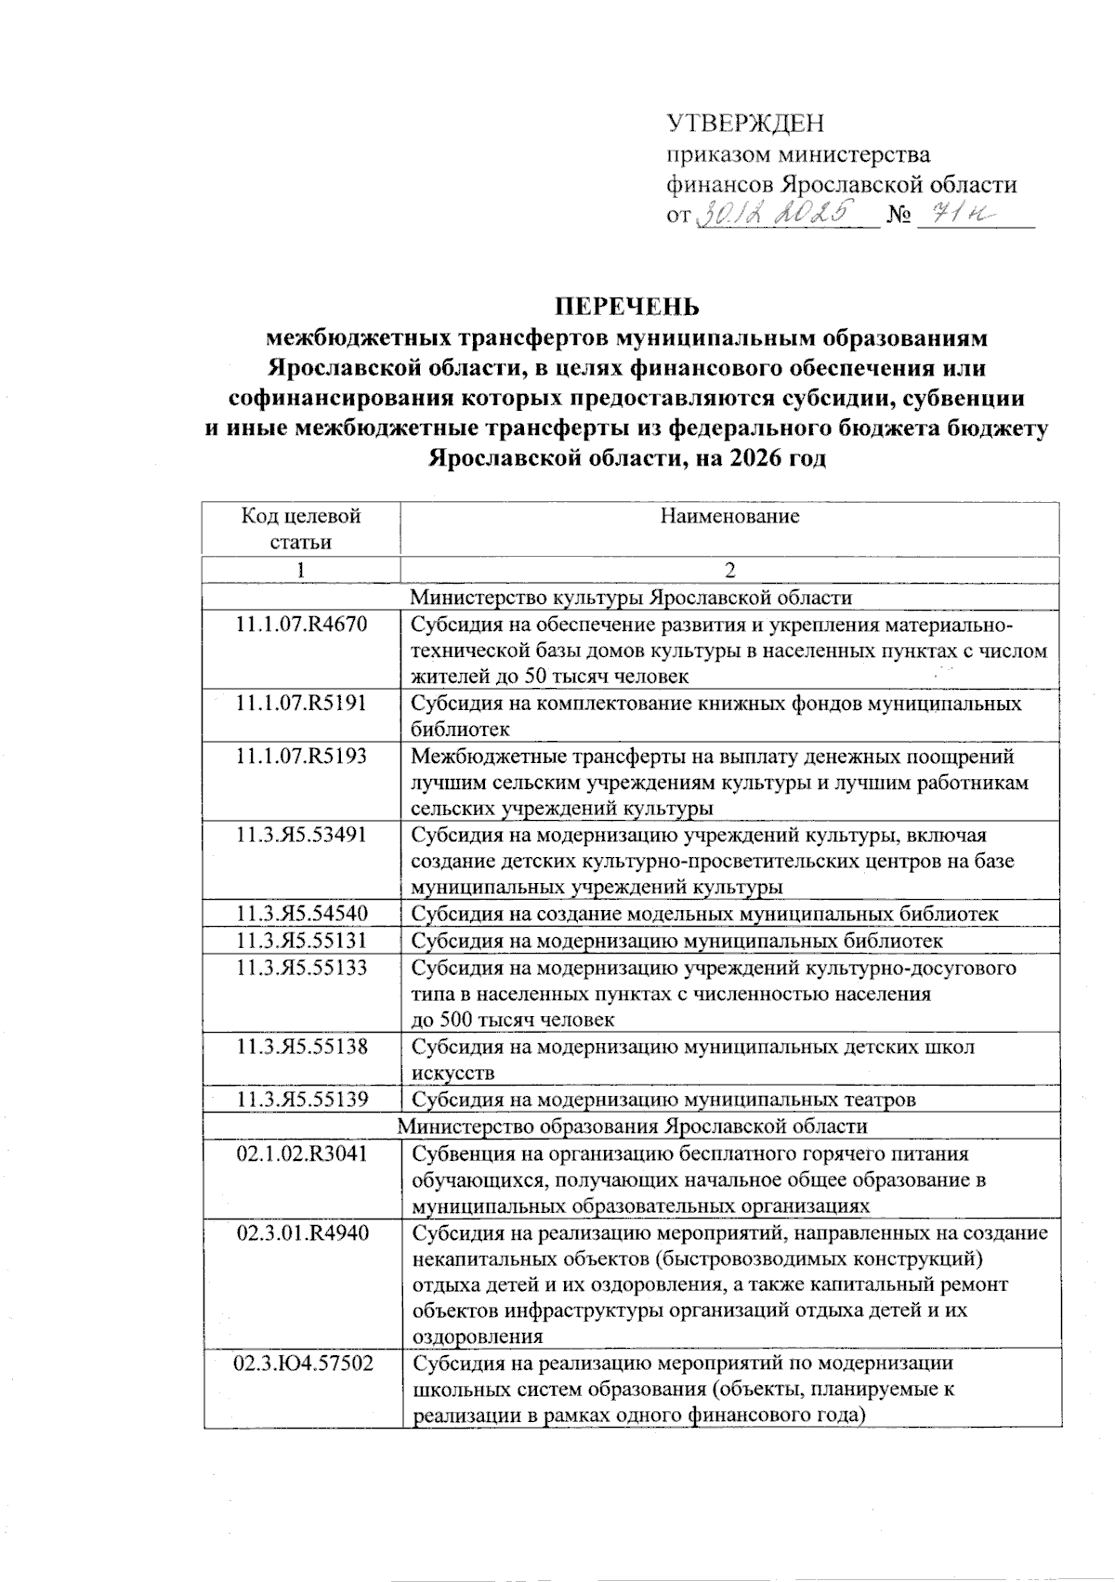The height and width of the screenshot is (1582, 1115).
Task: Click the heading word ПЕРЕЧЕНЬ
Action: pyautogui.click(x=626, y=307)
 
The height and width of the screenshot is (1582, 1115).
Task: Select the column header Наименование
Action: pyautogui.click(x=729, y=517)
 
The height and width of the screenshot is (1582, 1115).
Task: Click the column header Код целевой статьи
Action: pyautogui.click(x=301, y=529)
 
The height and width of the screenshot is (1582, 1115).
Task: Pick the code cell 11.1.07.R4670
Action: pyautogui.click(x=301, y=625)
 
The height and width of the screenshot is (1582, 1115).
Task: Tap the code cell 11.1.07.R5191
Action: pyautogui.click(x=301, y=704)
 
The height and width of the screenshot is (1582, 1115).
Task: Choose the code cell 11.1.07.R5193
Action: pyautogui.click(x=301, y=757)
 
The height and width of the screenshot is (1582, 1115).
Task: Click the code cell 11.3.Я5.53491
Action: pyautogui.click(x=301, y=835)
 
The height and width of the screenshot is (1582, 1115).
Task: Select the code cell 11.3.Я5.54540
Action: pyautogui.click(x=301, y=914)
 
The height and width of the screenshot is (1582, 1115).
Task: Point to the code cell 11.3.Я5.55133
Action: pyautogui.click(x=301, y=968)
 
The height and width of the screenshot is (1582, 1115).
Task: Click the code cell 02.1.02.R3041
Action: pyautogui.click(x=301, y=1154)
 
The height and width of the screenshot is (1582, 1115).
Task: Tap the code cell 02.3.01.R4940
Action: pyautogui.click(x=301, y=1233)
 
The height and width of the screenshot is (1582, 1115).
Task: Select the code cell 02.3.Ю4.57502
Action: pyautogui.click(x=301, y=1364)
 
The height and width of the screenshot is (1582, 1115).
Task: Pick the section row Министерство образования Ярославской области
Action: pyautogui.click(x=632, y=1127)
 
